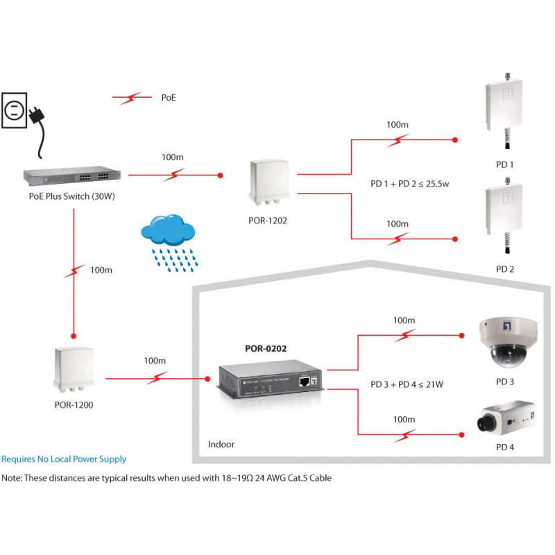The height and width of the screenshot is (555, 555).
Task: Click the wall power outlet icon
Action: click(14, 110)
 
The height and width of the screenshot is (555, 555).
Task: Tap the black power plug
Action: click(37, 115)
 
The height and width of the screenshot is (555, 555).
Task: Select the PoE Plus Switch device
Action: click(72, 176)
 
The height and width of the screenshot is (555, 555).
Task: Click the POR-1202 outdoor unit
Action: click(269, 182)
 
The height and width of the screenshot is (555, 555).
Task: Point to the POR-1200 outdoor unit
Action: click(74, 369)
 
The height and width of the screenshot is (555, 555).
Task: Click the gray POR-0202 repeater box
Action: click(270, 379)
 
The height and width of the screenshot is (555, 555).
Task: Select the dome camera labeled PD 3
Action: click(508, 342)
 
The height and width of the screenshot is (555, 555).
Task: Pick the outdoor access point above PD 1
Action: click(504, 110)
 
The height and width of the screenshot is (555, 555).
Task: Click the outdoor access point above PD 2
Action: click(504, 215)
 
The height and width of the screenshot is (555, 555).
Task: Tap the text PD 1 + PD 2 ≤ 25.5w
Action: click(409, 184)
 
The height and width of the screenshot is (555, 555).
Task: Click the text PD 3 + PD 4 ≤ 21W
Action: click(407, 384)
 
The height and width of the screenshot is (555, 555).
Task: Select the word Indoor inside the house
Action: click(221, 444)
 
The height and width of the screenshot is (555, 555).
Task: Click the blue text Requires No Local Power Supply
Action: click(64, 459)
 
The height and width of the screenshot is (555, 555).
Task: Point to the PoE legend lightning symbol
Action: click(132, 97)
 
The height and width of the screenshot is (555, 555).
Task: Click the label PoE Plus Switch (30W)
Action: click(72, 196)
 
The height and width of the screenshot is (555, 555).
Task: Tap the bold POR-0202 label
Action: click(266, 349)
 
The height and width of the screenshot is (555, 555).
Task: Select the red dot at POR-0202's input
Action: click(207, 379)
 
